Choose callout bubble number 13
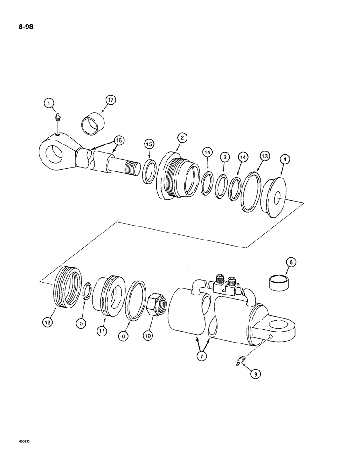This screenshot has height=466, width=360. [264, 158]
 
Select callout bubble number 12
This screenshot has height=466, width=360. [48, 321]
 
